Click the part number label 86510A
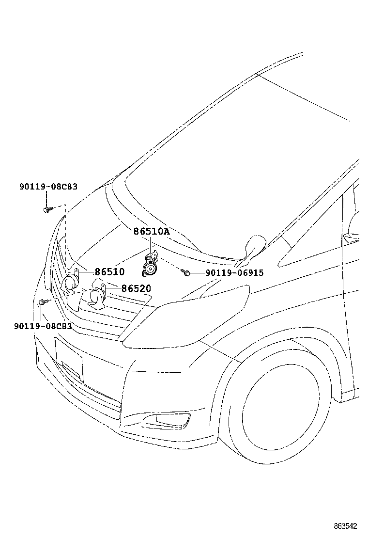(152, 232)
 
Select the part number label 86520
(136, 289)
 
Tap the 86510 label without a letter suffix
(109, 272)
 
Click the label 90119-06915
(234, 273)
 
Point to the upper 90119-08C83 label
(48, 186)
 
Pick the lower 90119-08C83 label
(43, 326)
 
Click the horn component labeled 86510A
(150, 267)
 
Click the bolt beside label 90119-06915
(186, 273)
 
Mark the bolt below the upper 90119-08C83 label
(47, 209)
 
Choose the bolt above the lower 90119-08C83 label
(42, 302)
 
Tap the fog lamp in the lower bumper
(172, 421)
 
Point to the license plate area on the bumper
(69, 359)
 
